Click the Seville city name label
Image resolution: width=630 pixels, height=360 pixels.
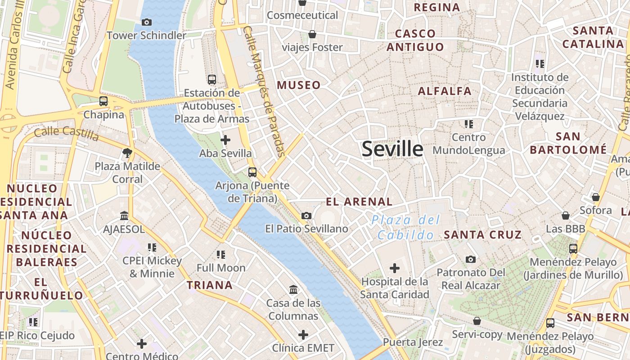392,149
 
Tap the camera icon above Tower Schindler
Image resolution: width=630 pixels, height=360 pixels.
146,22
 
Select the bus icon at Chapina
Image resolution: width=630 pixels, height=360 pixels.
103,101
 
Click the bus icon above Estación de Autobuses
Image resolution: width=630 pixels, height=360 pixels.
212,80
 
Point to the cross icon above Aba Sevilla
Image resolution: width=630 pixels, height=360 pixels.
225,140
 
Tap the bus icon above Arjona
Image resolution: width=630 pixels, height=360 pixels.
252,172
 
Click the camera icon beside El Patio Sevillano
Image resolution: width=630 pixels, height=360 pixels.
306,216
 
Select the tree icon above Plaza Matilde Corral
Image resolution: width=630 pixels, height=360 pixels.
127,153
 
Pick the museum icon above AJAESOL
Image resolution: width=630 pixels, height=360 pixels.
124,216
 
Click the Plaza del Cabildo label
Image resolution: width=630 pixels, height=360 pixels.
405,227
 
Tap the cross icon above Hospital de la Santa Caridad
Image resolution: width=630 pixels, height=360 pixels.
395,269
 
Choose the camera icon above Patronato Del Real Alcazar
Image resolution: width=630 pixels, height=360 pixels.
471,259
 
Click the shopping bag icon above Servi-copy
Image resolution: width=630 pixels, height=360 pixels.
477,321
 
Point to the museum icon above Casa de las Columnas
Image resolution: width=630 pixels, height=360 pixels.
293,289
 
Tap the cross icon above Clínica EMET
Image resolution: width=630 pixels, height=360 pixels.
303,334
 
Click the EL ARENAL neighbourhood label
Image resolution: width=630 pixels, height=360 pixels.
359,202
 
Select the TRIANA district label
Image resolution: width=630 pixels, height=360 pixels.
210,285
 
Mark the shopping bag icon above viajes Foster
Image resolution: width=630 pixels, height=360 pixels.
312,34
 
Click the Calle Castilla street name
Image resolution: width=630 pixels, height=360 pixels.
66,133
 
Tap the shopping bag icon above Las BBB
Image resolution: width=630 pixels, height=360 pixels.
566,216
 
